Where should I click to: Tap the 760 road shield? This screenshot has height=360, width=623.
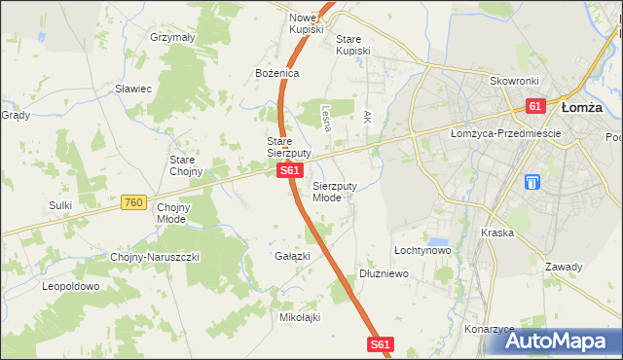coord(134,202)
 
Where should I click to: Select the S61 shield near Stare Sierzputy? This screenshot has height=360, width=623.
coord(288,171)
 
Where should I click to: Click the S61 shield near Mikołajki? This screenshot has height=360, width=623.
coord(382,344)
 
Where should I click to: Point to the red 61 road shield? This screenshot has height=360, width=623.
coord(534,105)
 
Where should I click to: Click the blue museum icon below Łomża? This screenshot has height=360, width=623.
coord(531,182)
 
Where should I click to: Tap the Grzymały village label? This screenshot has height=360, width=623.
coord(173,37)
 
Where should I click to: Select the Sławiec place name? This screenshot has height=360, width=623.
coord(133,89)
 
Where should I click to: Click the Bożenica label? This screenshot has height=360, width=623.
coord(276,74)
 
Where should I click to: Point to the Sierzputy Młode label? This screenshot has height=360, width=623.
coord(335,191)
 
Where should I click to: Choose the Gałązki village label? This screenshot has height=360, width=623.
coord(292,256)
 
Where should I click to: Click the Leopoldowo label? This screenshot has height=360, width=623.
coord(71,287)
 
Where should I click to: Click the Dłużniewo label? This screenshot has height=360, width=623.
coord(384,274)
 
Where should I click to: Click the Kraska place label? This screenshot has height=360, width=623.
coord(496,234)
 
